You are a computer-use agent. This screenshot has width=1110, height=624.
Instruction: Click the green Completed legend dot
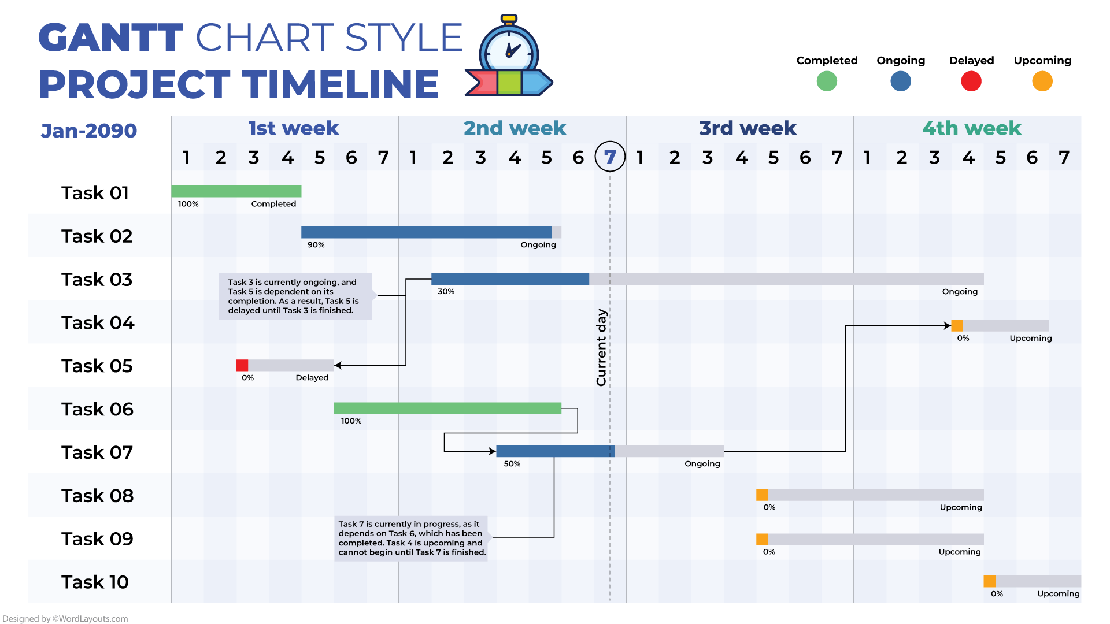pos(827,81)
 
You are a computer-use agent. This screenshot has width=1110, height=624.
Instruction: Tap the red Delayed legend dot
pos(971,81)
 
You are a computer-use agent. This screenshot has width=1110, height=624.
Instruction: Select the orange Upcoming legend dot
pos(1042,81)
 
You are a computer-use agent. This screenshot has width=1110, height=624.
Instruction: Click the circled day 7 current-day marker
pos(610,157)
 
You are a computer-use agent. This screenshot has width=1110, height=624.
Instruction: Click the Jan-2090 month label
pos(89,131)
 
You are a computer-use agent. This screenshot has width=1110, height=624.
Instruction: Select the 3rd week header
pos(748,128)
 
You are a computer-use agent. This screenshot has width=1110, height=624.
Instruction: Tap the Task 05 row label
pos(97,366)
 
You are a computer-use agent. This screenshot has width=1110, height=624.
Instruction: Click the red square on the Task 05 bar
pos(242,365)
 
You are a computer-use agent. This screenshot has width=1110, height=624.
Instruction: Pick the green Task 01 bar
pos(236,191)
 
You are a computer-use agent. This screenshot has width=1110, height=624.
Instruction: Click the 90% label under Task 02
pos(316,245)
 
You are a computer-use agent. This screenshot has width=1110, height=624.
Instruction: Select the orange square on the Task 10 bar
pos(990,581)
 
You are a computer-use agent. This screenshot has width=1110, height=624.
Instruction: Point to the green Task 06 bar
pos(447,408)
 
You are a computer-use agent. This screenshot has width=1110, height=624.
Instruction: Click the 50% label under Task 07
pos(512,464)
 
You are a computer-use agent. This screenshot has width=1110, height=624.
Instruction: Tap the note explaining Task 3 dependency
pos(295,296)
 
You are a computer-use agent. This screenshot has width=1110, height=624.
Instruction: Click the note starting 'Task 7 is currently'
pos(412,538)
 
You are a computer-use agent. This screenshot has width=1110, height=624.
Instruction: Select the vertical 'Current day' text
pos(601,347)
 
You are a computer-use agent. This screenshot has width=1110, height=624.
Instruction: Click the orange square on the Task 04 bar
pos(957,325)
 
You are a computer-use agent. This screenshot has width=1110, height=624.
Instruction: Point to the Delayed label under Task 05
pos(312,378)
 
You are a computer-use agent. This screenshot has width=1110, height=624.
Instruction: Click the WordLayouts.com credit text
pos(65,619)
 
